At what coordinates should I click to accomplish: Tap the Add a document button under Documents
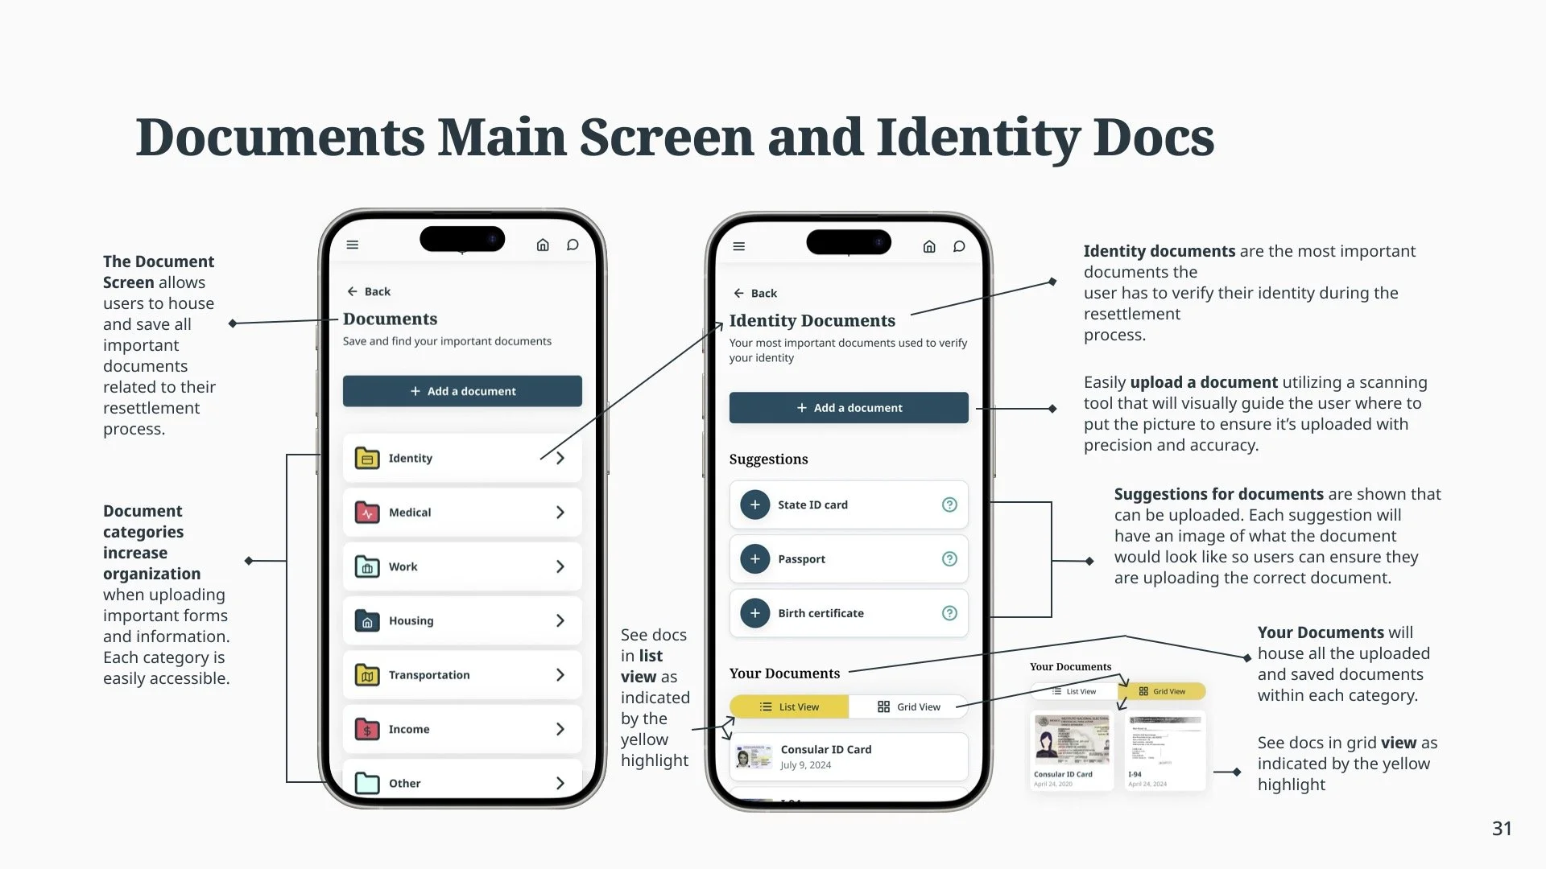pos(462,391)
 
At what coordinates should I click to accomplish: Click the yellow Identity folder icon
pos(367,458)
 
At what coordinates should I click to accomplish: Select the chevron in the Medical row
pos(560,513)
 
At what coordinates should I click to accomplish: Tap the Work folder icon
pos(367,566)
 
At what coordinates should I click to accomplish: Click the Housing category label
pos(411,621)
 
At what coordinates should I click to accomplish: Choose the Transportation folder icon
pos(367,675)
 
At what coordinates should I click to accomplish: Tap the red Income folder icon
pos(367,729)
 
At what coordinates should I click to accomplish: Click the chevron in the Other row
pos(560,783)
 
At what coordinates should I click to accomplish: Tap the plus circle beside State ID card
pos(754,505)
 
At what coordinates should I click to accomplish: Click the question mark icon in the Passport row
pos(949,559)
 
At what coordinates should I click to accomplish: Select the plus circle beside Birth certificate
pos(754,613)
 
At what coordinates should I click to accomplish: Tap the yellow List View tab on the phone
pos(789,706)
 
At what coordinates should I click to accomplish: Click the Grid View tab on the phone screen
pos(908,706)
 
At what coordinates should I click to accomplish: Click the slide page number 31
pos(1502,829)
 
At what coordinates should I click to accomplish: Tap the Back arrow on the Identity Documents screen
pos(739,294)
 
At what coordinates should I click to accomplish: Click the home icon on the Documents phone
pos(543,245)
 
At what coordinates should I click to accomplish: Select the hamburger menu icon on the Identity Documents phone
pos(739,246)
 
